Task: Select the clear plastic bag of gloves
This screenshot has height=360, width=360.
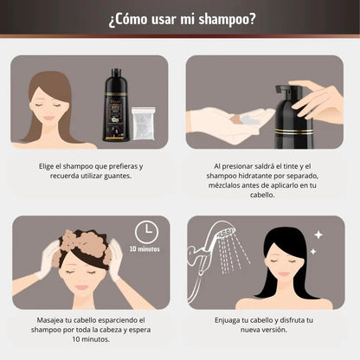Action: tap(144, 124)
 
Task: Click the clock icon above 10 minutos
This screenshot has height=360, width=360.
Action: tap(146, 232)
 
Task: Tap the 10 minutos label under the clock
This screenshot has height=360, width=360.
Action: tap(145, 248)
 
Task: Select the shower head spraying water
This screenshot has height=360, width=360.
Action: tap(226, 232)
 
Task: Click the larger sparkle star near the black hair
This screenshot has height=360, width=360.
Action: tap(318, 235)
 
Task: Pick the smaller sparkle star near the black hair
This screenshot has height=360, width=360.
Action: tap(313, 252)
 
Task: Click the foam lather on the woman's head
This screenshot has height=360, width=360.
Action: tap(84, 243)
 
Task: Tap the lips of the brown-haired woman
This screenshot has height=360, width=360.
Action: tap(49, 118)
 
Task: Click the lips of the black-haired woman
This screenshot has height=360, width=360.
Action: tap(284, 273)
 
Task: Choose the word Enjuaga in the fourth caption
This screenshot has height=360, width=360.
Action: tap(227, 320)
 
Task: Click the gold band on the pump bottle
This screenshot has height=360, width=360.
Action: tap(293, 132)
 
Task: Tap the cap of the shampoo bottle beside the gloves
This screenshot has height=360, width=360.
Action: tap(116, 73)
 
